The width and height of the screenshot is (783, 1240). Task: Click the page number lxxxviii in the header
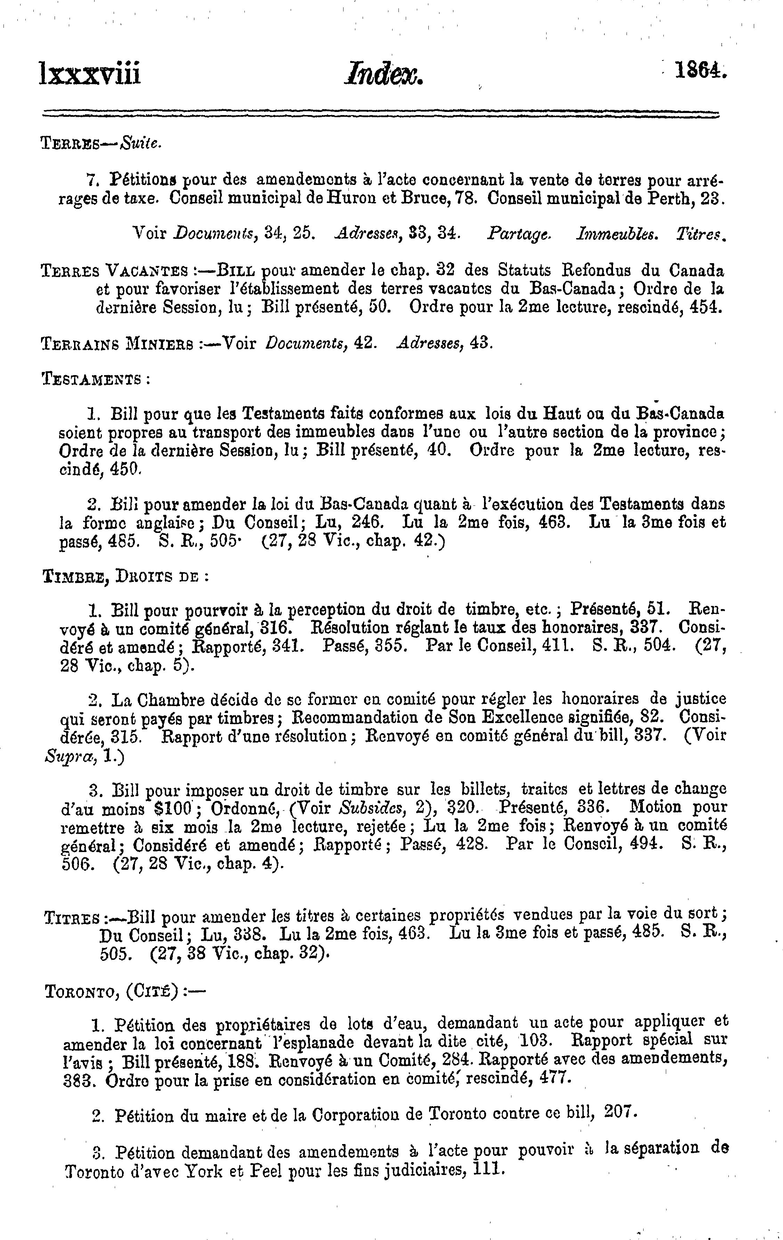[90, 73]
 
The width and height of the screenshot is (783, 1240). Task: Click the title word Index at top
[385, 73]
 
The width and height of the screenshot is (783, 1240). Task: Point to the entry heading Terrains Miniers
[117, 343]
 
